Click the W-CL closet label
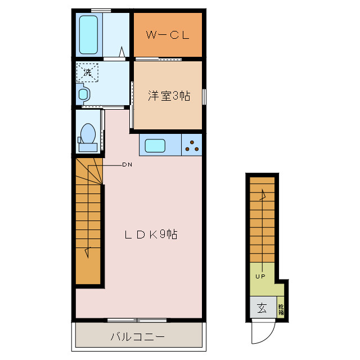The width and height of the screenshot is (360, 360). tap(166, 35)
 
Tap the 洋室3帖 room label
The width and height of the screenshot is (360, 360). tap(169, 96)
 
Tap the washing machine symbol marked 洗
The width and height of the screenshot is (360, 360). tap(87, 73)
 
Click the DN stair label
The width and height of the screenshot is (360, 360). tap(127, 165)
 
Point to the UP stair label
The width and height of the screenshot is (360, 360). tap(260, 276)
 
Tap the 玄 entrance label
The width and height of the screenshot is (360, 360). tap(262, 308)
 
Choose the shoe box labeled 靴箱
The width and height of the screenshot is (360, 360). tap(281, 309)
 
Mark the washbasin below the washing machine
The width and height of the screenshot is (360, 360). tap(84, 93)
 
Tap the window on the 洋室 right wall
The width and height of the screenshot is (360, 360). tap(204, 96)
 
